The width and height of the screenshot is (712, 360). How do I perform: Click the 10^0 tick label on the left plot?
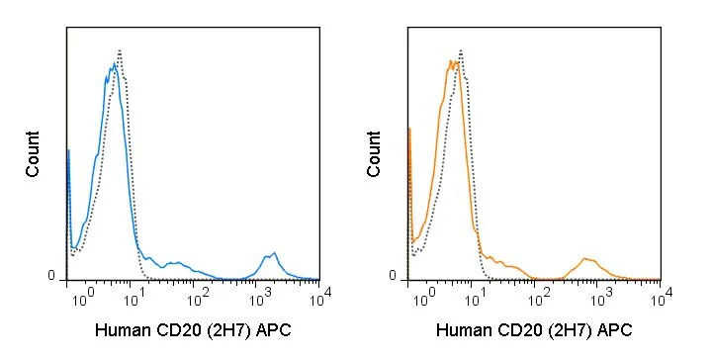pos(83,298)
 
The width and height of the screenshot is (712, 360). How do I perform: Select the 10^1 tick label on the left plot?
pos(134,298)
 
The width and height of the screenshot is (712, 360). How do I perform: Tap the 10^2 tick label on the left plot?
pos(198,298)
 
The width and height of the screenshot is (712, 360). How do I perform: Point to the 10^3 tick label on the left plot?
pos(261,298)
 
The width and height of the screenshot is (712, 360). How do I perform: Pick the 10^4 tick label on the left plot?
pos(321,298)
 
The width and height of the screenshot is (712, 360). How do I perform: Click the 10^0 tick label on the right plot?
pos(423,298)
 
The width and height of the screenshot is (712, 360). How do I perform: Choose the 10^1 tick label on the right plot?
pos(476,298)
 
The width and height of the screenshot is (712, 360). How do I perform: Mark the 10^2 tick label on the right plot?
pos(539,298)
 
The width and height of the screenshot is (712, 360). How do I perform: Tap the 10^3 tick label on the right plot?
pos(601,298)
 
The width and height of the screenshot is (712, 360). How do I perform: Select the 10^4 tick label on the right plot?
pos(662,298)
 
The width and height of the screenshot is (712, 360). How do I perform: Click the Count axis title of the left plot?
pos(33,154)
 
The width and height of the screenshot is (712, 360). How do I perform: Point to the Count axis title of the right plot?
pos(373,154)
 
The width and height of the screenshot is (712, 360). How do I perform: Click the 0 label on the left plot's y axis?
pos(51,276)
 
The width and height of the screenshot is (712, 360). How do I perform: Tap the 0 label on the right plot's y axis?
pos(393,276)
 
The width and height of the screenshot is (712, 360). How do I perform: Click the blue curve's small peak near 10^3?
pos(274,253)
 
